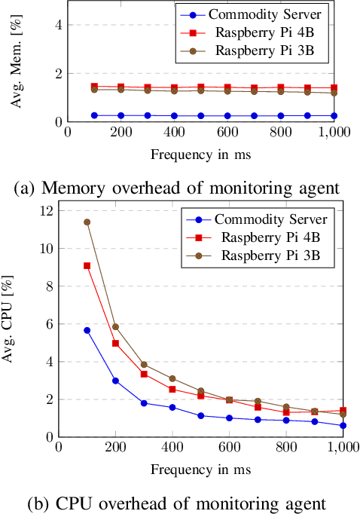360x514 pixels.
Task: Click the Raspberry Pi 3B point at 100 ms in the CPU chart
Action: (x=87, y=222)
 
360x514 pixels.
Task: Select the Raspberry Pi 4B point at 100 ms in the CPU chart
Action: (x=87, y=265)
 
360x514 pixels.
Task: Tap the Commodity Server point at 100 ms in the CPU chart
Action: (x=87, y=330)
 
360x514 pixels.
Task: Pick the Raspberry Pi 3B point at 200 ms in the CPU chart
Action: (x=115, y=326)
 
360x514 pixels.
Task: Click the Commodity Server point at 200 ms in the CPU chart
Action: (x=115, y=381)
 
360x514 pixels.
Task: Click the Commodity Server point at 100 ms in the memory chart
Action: (x=94, y=115)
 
